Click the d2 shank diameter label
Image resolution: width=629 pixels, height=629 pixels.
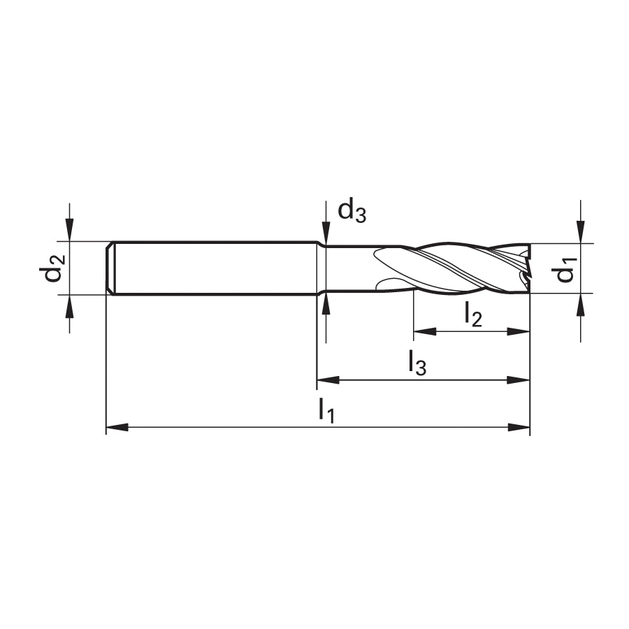pos(52,268)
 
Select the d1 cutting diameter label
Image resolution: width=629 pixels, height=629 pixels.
pos(565,269)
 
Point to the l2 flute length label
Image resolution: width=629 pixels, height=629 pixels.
pos(473,314)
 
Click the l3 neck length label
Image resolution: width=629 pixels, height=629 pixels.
pos(417,363)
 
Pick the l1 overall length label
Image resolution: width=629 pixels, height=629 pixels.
pos(326,410)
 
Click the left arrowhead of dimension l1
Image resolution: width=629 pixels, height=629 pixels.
pos(117,427)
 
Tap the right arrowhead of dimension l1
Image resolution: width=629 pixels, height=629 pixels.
pos(519,427)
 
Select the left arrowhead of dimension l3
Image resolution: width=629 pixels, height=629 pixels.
pos(328,380)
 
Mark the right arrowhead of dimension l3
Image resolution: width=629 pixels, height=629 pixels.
pos(519,380)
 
